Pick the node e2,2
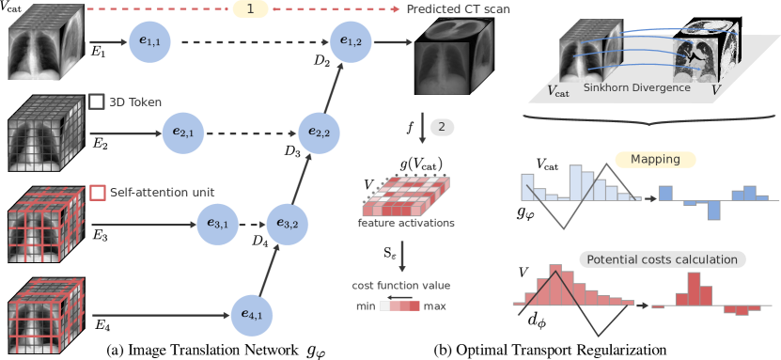pyautogui.click(x=318, y=133)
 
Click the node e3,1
pyautogui.click(x=218, y=224)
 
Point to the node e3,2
pyautogui.click(x=286, y=224)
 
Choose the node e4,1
pyautogui.click(x=252, y=314)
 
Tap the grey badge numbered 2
pyautogui.click(x=442, y=127)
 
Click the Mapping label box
pyautogui.click(x=655, y=160)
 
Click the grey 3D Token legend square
pyautogui.click(x=96, y=102)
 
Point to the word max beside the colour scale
pyautogui.click(x=435, y=306)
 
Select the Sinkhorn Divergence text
pyautogui.click(x=637, y=87)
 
